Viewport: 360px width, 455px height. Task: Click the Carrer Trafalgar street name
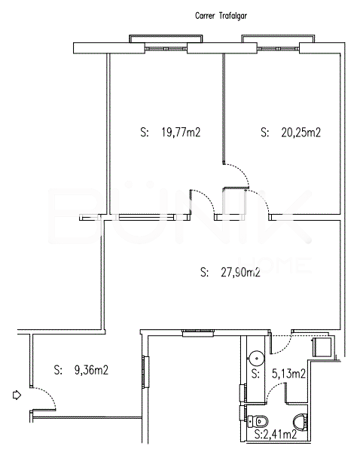click(221, 15)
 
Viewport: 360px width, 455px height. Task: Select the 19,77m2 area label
click(181, 133)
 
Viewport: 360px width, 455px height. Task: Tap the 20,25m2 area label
click(301, 133)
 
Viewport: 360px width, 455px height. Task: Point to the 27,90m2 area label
click(240, 272)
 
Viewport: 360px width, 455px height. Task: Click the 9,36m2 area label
click(91, 370)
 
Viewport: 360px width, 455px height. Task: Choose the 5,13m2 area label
click(288, 374)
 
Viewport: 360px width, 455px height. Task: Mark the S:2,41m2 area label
click(276, 435)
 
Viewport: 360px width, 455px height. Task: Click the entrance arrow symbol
click(17, 395)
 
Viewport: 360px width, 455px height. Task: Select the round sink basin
click(257, 359)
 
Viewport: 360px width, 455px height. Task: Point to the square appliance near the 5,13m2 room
click(322, 347)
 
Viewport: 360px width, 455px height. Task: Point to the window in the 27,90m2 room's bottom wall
click(198, 333)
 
